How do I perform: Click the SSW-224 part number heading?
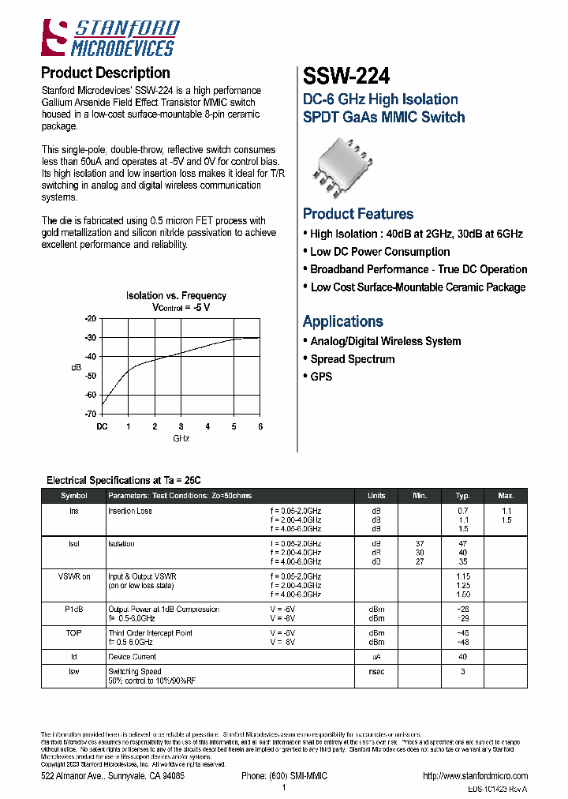(x=346, y=77)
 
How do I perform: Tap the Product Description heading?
(x=105, y=73)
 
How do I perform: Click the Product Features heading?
(x=358, y=214)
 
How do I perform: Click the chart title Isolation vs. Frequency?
(x=176, y=296)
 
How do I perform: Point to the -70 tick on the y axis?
(x=90, y=414)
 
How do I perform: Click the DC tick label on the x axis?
(x=102, y=426)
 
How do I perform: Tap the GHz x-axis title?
(x=181, y=438)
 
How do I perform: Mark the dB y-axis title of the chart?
(x=76, y=367)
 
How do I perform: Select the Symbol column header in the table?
(x=74, y=496)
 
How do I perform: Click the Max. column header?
(x=506, y=496)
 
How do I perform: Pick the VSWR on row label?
(x=74, y=576)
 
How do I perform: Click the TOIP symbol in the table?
(x=74, y=633)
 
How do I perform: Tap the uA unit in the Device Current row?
(x=376, y=657)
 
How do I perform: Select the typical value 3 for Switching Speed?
(x=463, y=672)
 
